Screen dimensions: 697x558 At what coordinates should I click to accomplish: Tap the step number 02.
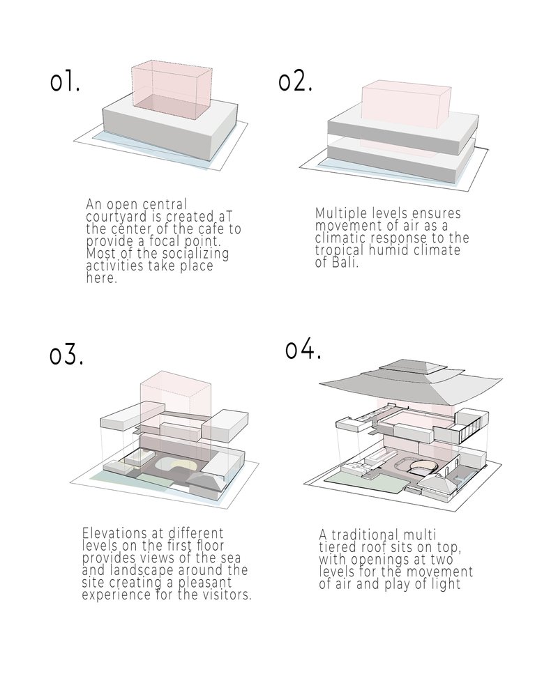tap(295, 82)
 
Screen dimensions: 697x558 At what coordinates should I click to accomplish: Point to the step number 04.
tap(303, 349)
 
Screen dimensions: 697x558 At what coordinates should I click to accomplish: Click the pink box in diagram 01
tap(172, 89)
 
